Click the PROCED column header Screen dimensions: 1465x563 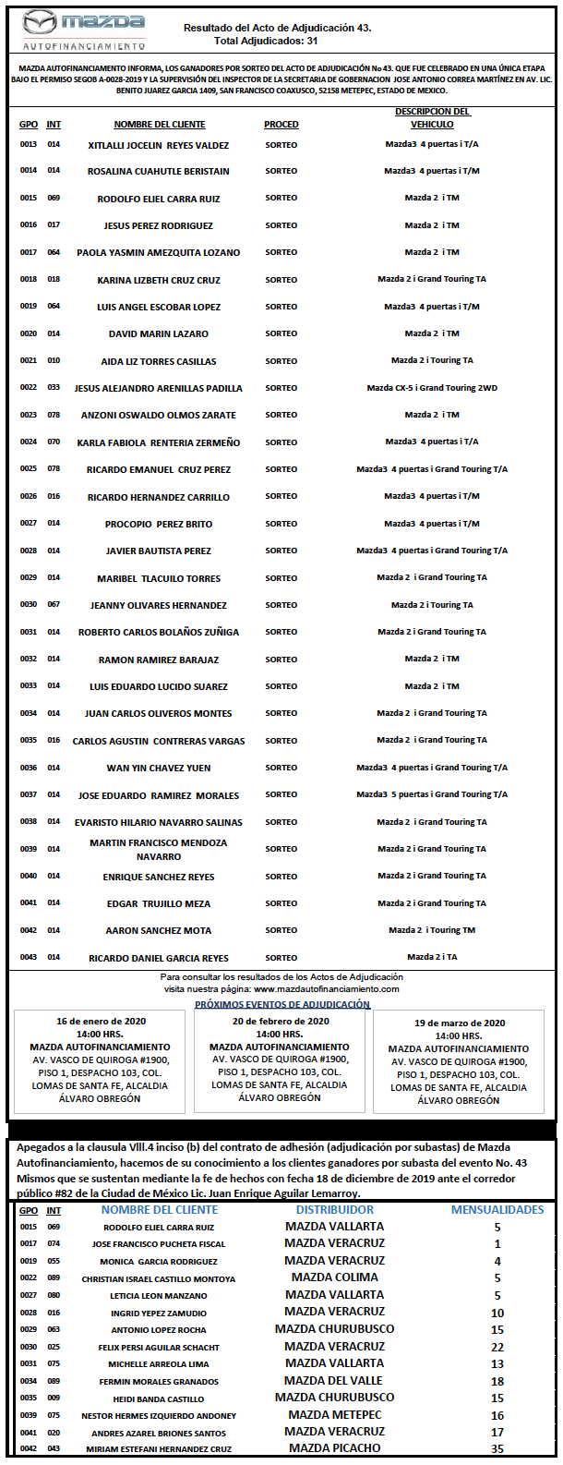281,125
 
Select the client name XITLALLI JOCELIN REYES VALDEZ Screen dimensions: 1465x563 159,145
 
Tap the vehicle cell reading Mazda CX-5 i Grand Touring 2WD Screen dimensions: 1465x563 432,388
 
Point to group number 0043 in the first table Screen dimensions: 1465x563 29,957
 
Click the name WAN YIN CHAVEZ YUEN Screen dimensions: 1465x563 159,768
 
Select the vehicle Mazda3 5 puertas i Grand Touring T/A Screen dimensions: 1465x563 432,794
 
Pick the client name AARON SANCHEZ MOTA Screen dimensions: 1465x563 159,930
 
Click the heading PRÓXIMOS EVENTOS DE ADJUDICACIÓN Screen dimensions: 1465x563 282,1004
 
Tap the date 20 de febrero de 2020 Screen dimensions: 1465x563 281,1022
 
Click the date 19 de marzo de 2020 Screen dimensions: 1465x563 460,1023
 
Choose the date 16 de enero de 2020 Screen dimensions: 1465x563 101,1022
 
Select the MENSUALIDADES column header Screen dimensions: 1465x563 497,1209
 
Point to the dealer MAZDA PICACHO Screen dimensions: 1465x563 334,1448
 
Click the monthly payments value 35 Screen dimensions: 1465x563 497,1449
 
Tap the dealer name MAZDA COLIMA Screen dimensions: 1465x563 334,1277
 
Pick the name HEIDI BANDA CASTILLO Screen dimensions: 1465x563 159,1398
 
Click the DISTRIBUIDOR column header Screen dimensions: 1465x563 335,1209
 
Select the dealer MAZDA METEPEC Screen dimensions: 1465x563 334,1414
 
